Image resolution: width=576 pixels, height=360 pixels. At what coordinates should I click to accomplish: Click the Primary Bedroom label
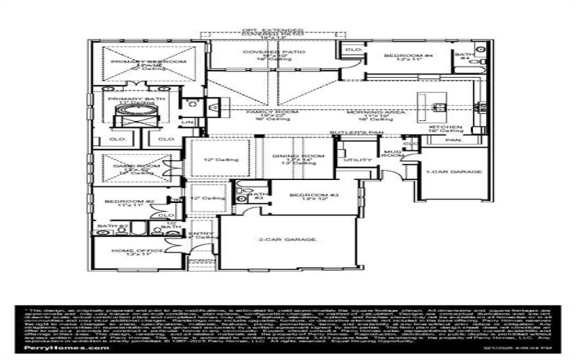(148, 63)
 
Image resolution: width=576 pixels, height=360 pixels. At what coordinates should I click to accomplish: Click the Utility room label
(354, 160)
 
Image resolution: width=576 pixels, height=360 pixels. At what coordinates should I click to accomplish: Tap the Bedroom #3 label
(314, 195)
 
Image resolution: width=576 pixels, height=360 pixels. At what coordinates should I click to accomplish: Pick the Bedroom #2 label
(120, 202)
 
